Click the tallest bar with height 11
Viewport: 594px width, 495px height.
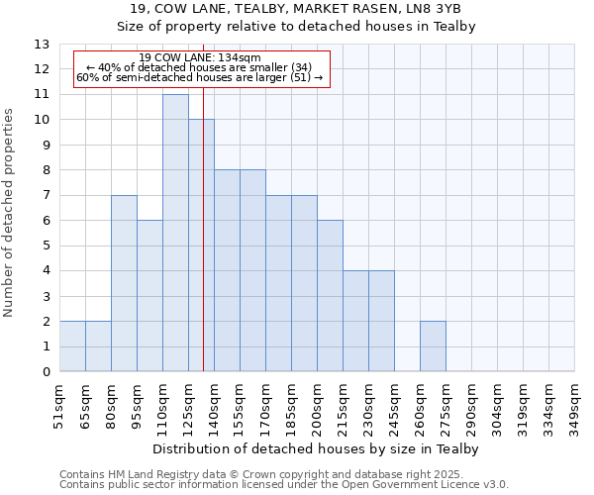175,233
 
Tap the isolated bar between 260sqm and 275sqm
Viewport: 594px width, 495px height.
433,346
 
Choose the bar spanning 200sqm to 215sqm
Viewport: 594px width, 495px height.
330,296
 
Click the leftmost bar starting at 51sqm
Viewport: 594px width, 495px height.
72,346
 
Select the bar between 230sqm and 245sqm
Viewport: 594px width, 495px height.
381,321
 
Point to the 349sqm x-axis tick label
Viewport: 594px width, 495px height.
574,406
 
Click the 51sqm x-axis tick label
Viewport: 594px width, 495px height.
59,406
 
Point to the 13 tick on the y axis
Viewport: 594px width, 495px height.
42,45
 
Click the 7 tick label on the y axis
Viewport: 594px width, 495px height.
46,196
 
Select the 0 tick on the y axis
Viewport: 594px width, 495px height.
46,372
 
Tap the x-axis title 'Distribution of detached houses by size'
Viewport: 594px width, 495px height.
316,449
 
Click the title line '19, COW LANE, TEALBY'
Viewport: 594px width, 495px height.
296,9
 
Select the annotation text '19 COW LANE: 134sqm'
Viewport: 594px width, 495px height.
199,58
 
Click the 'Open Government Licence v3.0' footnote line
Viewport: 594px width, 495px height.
284,485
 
